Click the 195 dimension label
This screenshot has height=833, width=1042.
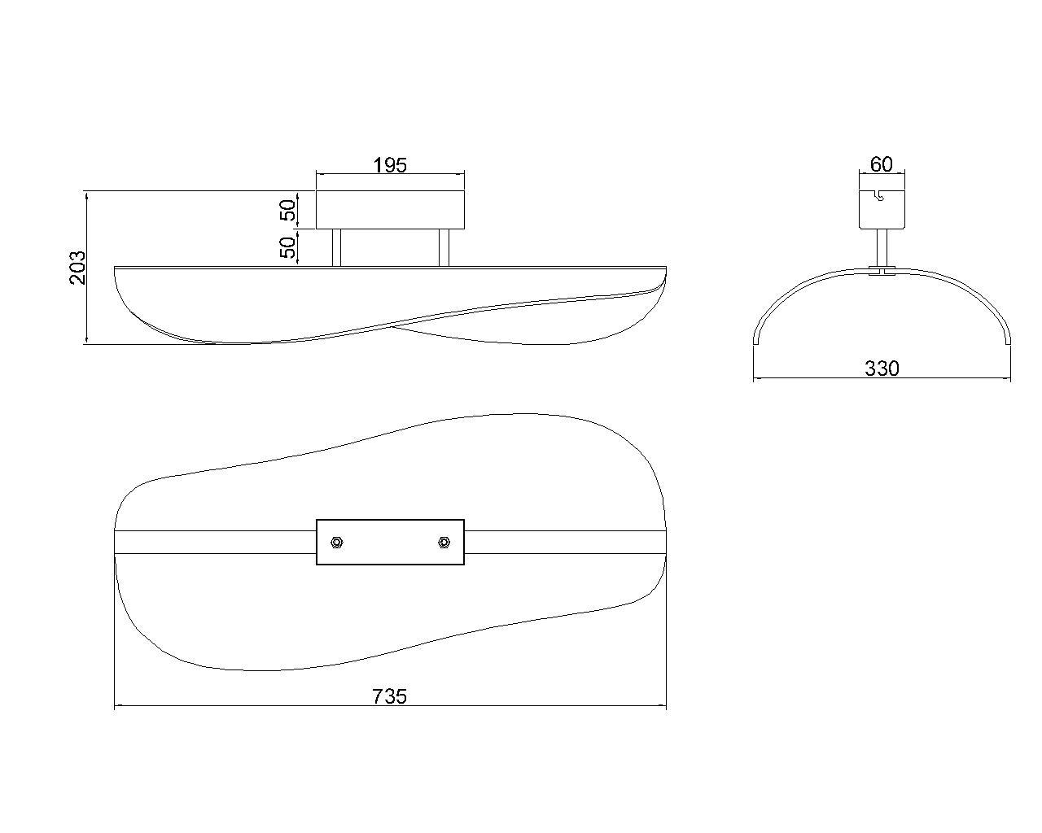click(390, 166)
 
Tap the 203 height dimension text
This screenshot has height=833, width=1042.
click(78, 267)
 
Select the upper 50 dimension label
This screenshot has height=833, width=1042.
click(287, 210)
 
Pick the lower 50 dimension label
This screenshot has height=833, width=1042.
click(287, 247)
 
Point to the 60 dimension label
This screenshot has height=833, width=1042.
click(882, 164)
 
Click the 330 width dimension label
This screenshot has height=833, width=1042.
click(882, 369)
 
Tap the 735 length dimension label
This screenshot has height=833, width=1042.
click(390, 696)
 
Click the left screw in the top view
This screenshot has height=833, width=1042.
click(336, 542)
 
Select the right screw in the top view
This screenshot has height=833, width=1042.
click(444, 542)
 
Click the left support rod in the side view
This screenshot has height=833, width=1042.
click(336, 247)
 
